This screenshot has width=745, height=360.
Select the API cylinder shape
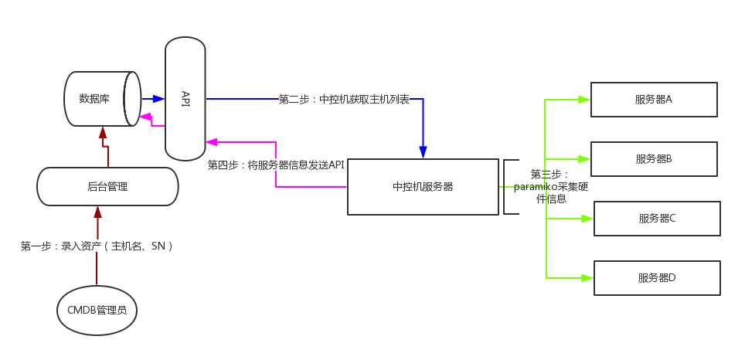point(185,98)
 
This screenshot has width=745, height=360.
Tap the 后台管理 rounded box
point(107,186)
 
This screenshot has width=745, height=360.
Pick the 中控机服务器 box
point(423,187)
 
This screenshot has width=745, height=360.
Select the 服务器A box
point(654,100)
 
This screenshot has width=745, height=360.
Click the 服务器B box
point(654,159)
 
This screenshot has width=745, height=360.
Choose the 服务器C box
point(657,219)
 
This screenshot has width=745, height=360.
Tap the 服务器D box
point(657,278)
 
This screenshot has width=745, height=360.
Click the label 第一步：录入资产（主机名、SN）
point(97,246)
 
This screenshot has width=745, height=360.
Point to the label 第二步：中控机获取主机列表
point(344,100)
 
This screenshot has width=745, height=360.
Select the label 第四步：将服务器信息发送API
point(276,165)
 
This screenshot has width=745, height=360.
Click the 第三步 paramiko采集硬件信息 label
point(549,187)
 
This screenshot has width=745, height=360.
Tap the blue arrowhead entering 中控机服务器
point(423,152)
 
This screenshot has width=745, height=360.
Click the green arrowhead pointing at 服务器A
point(584,100)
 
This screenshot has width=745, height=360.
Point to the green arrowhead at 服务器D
point(587,278)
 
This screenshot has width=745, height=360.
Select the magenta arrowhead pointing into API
point(211,142)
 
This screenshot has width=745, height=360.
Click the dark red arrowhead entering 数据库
point(102,132)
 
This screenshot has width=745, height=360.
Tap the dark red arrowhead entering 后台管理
point(97,210)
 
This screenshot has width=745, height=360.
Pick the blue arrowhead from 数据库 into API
point(159,99)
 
